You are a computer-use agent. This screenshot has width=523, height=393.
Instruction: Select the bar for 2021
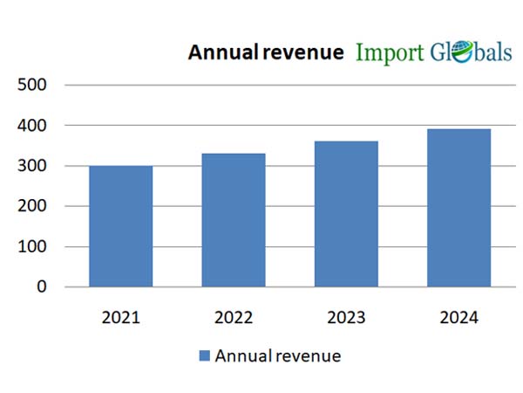(x=120, y=226)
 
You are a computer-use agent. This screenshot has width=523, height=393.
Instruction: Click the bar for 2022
(x=233, y=220)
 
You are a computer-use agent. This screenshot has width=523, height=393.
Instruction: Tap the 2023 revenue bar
(x=346, y=214)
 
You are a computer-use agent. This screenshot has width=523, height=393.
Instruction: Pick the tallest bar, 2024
(x=458, y=208)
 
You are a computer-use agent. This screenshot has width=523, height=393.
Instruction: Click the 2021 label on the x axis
(x=120, y=317)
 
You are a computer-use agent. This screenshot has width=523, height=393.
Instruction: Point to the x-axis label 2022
(x=233, y=317)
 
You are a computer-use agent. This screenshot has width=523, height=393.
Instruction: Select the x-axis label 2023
(x=346, y=317)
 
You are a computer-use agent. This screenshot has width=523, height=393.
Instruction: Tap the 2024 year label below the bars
(x=458, y=317)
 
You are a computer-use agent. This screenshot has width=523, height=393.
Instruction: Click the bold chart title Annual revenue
(x=266, y=52)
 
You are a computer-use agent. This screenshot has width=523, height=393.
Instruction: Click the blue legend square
(x=205, y=355)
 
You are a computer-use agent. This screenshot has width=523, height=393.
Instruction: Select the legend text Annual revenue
(x=277, y=355)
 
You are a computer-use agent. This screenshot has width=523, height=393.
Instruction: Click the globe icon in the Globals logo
(x=462, y=52)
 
